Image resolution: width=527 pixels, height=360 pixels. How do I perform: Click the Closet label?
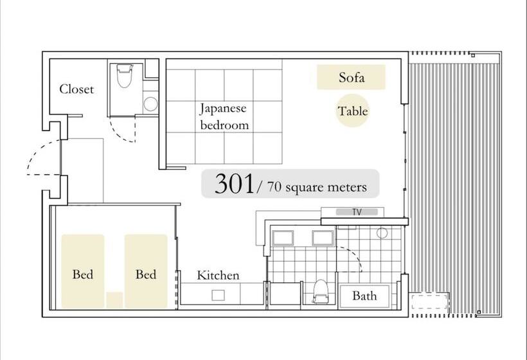[x=76, y=89]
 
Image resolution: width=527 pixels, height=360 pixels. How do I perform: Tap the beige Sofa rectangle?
[x=351, y=78]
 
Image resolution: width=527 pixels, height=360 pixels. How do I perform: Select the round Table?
[x=353, y=111]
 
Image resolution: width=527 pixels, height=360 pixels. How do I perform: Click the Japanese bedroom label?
[x=224, y=116]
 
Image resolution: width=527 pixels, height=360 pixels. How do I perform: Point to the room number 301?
[x=234, y=184]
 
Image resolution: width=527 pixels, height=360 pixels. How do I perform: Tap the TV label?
[x=357, y=212]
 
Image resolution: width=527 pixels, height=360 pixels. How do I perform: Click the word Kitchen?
[x=218, y=275]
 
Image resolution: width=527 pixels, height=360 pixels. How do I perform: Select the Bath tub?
[x=364, y=296]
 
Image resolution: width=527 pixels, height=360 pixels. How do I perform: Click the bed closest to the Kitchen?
[x=146, y=270]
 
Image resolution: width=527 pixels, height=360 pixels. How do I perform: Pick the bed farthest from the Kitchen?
[x=83, y=270]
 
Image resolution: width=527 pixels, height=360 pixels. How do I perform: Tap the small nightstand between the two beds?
[x=114, y=300]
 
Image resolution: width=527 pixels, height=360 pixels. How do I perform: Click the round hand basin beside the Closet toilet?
[x=150, y=104]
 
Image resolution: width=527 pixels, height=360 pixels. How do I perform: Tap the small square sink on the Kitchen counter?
[x=218, y=295]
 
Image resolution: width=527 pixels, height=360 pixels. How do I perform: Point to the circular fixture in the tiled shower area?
[x=382, y=233]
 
